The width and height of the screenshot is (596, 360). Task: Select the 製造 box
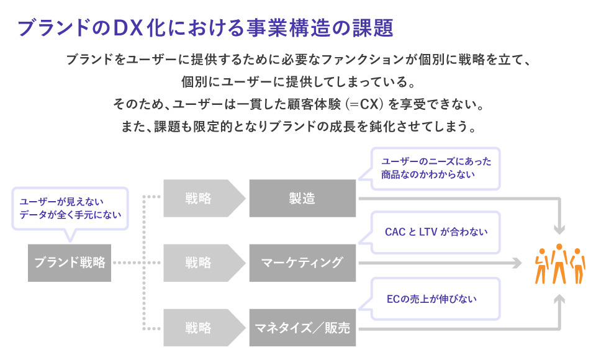pos(302,199)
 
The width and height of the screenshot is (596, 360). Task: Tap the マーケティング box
pos(302,262)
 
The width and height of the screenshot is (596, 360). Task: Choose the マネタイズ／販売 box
pos(302,327)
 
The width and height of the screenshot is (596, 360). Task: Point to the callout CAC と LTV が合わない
pos(436,232)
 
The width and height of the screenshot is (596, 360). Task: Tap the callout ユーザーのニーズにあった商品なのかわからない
pos(436,168)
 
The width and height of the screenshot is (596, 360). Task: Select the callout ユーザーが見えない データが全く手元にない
pos(70,208)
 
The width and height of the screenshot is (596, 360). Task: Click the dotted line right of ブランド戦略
pos(127,263)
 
